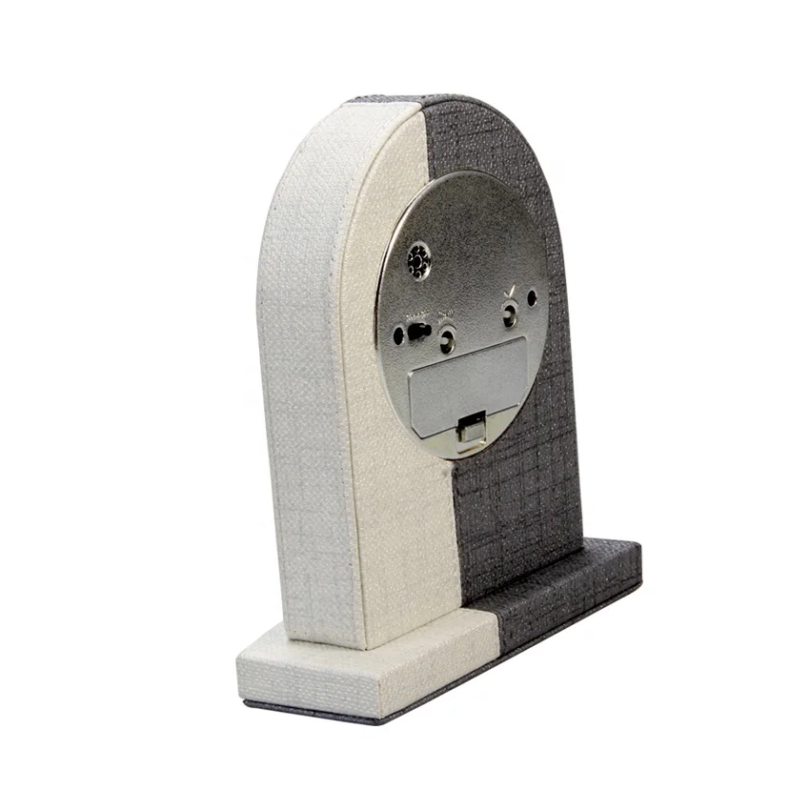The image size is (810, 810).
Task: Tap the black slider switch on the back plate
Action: tap(417, 333)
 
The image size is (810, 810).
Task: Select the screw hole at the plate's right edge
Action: tap(532, 298)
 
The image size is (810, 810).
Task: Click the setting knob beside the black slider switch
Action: tap(446, 337)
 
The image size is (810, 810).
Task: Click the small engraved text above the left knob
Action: tap(446, 317)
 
